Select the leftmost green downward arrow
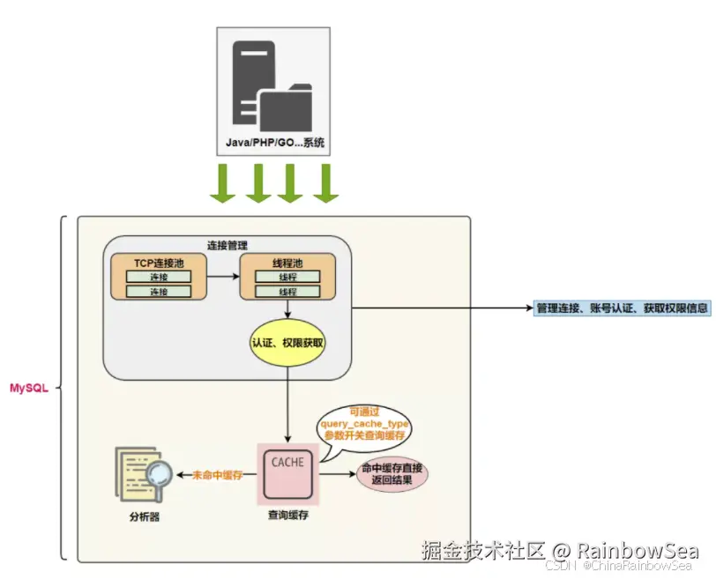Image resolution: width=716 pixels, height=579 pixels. tap(220, 182)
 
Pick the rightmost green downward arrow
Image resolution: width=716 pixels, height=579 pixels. tap(326, 182)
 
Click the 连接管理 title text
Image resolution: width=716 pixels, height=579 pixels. tap(228, 245)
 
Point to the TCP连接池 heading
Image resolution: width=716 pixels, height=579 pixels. tap(158, 264)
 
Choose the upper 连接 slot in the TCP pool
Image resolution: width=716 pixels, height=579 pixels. tap(159, 277)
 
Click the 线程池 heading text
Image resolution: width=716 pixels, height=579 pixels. tap(287, 264)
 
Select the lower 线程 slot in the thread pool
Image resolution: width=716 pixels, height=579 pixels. tap(287, 292)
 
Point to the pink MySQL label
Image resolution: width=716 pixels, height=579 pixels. tap(29, 388)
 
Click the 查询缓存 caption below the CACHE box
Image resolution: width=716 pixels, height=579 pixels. tap(288, 516)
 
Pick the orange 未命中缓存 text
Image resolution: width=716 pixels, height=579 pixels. tap(217, 475)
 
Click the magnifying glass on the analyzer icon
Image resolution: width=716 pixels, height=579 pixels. tap(159, 475)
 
